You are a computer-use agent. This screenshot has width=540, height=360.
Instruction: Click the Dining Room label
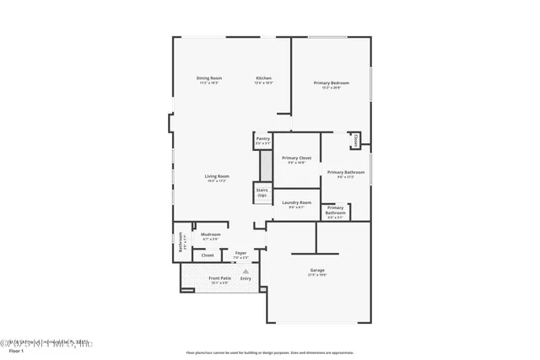point(208,78)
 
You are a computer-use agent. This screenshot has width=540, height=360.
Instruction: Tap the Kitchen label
point(264,78)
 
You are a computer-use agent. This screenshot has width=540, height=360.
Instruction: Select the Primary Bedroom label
point(331,83)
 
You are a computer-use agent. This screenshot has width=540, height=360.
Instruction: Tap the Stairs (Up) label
point(262,192)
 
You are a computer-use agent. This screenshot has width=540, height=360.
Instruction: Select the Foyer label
point(240,253)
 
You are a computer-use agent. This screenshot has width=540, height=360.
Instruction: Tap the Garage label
point(316,271)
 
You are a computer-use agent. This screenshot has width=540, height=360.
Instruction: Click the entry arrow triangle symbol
point(246,270)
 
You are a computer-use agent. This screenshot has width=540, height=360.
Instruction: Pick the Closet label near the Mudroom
point(207,255)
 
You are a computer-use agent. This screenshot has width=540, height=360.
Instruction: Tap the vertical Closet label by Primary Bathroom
point(357,140)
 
